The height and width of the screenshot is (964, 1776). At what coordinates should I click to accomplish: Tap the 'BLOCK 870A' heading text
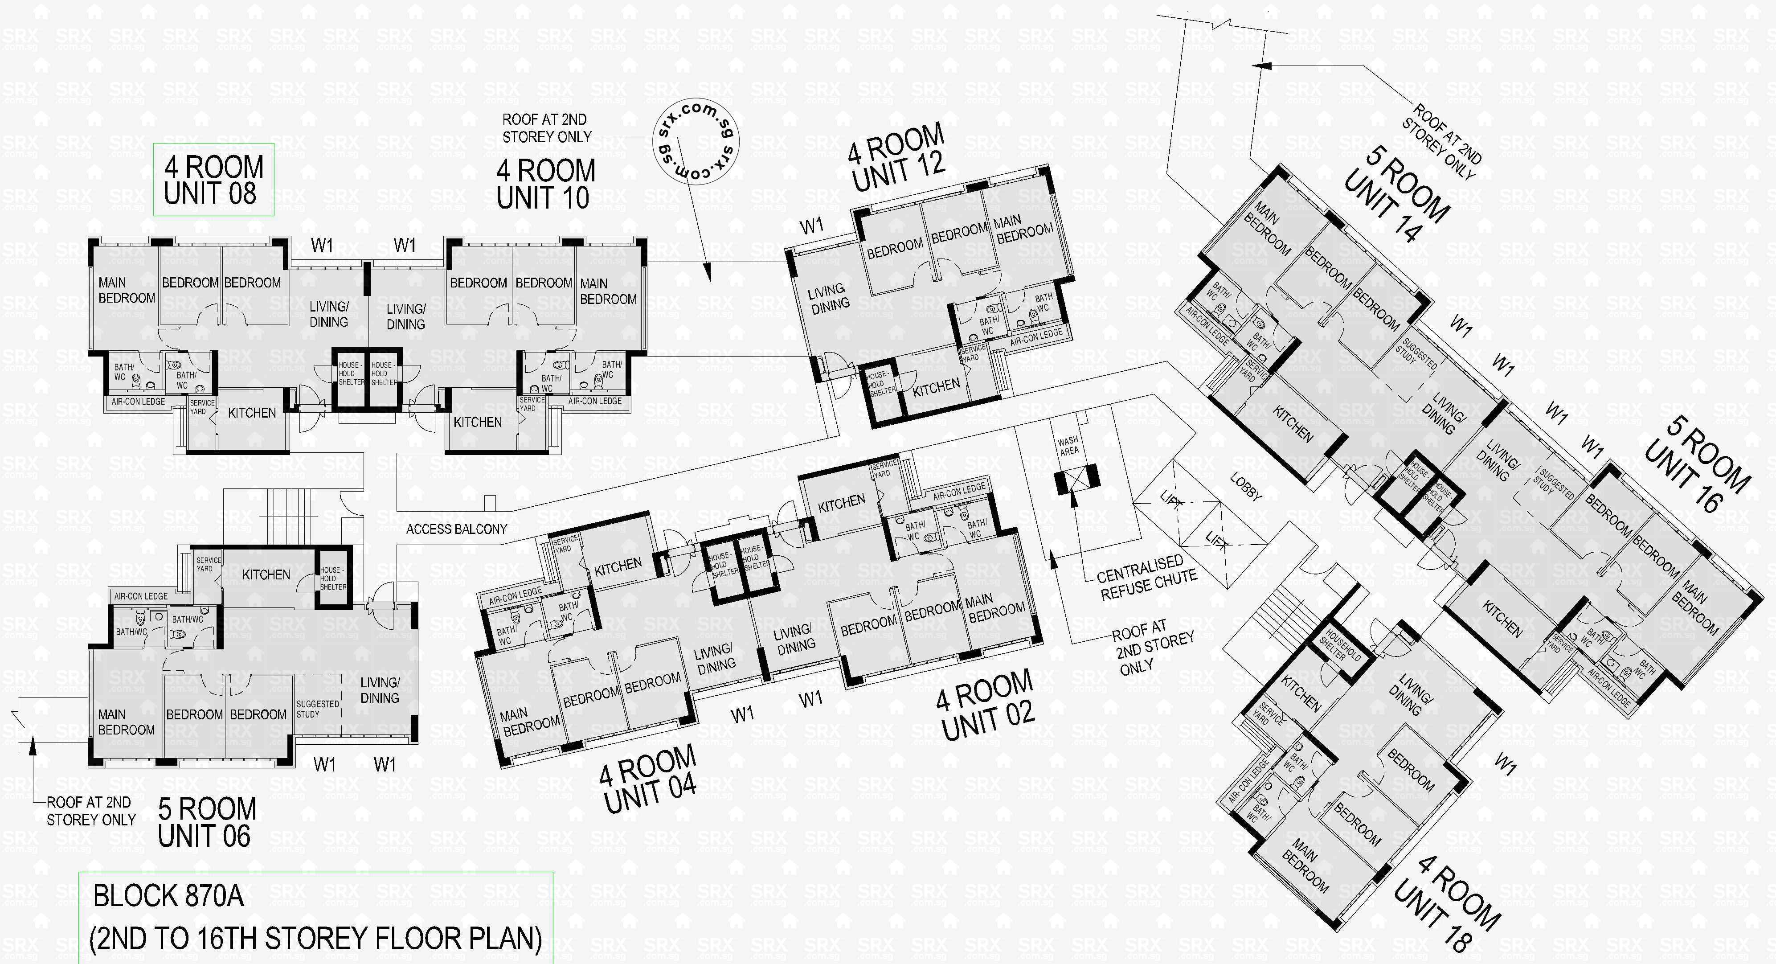(168, 896)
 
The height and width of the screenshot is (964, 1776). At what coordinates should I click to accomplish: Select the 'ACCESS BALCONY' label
(456, 529)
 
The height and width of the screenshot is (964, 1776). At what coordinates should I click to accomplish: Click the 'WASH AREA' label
(1068, 445)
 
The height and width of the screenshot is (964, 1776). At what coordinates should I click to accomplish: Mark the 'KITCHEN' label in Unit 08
(252, 412)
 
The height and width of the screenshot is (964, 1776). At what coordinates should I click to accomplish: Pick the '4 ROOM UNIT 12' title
(897, 159)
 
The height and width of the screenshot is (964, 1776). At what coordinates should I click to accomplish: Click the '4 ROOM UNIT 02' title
(986, 706)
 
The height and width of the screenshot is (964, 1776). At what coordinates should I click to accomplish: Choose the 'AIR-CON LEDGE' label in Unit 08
(138, 401)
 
